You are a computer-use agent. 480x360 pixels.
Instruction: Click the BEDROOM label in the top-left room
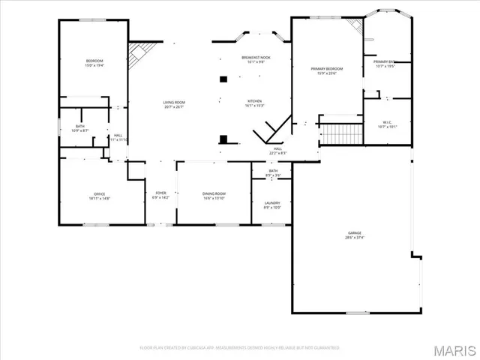click(94, 61)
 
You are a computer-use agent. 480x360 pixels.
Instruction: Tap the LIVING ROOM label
click(174, 102)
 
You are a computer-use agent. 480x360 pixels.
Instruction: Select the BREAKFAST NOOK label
click(255, 57)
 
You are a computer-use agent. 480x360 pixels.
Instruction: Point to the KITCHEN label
click(255, 101)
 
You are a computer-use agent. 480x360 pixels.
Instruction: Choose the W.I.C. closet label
click(388, 122)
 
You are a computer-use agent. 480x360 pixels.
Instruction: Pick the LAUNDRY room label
click(271, 202)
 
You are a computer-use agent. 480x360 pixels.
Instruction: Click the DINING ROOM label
click(214, 193)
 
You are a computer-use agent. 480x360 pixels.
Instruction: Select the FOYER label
click(160, 193)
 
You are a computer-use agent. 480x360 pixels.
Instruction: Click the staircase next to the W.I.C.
click(342, 135)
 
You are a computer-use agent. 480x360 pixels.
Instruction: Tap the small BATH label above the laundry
click(273, 171)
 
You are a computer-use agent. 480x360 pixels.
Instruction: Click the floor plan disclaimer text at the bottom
click(240, 348)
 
